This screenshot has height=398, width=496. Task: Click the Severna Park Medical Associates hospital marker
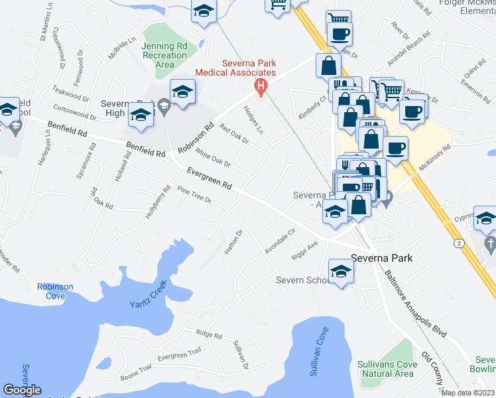coord(261,86)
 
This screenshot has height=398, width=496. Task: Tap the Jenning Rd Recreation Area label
coord(164,56)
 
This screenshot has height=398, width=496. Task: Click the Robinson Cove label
coord(55,291)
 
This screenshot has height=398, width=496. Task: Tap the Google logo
coord(22,390)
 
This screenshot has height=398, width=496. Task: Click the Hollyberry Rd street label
coord(154,207)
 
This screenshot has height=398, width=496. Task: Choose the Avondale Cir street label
coord(279,239)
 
